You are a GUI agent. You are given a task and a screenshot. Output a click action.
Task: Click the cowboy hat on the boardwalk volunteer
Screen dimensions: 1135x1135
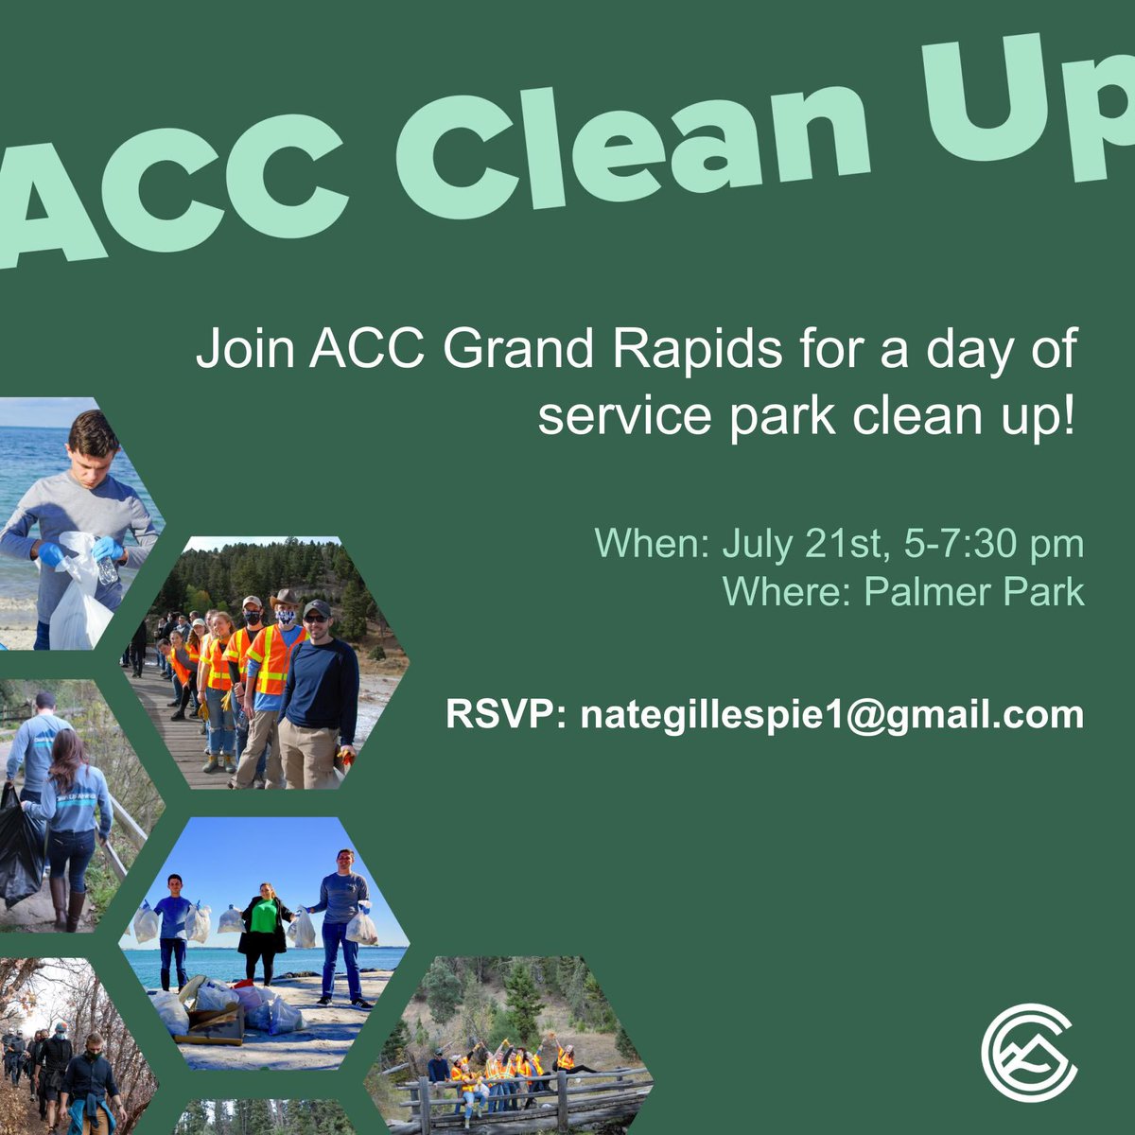[283, 599]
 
